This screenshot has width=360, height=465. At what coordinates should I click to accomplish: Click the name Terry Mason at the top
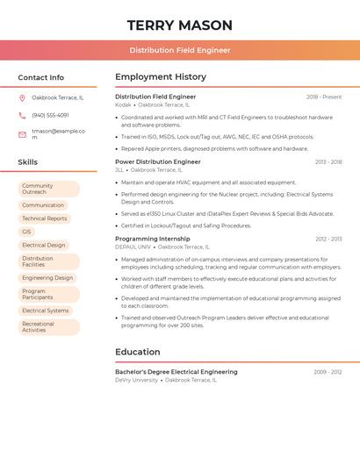[x=180, y=25]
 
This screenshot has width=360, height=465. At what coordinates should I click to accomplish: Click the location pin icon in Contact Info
[x=22, y=97]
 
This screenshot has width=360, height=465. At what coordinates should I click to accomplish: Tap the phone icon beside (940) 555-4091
[x=22, y=115]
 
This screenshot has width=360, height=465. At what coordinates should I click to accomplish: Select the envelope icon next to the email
[x=22, y=134]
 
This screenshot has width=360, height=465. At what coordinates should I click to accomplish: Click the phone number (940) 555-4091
[x=50, y=115]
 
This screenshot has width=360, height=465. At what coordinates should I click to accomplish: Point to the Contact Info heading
[x=41, y=77]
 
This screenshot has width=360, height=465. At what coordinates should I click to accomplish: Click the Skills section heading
[x=28, y=162]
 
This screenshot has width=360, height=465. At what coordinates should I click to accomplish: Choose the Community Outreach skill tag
[x=48, y=189]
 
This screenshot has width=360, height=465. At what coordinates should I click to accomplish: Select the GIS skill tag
[x=26, y=232]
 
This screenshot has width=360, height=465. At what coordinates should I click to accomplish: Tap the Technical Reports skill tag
[x=45, y=218]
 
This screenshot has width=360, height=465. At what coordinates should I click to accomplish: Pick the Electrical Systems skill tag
[x=46, y=311]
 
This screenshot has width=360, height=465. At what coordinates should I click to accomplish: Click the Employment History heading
[x=161, y=77]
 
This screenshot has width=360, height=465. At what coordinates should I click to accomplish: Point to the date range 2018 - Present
[x=324, y=97]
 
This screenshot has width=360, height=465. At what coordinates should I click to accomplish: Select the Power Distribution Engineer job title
[x=158, y=162]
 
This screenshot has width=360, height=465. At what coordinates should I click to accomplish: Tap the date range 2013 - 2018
[x=328, y=162]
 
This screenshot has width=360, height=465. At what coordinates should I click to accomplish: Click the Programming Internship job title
[x=153, y=239]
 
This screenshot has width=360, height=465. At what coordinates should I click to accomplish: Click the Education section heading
[x=138, y=352]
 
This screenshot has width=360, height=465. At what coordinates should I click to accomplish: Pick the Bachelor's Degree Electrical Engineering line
[x=176, y=372]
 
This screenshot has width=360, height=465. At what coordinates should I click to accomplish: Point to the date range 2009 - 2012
[x=328, y=372]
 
